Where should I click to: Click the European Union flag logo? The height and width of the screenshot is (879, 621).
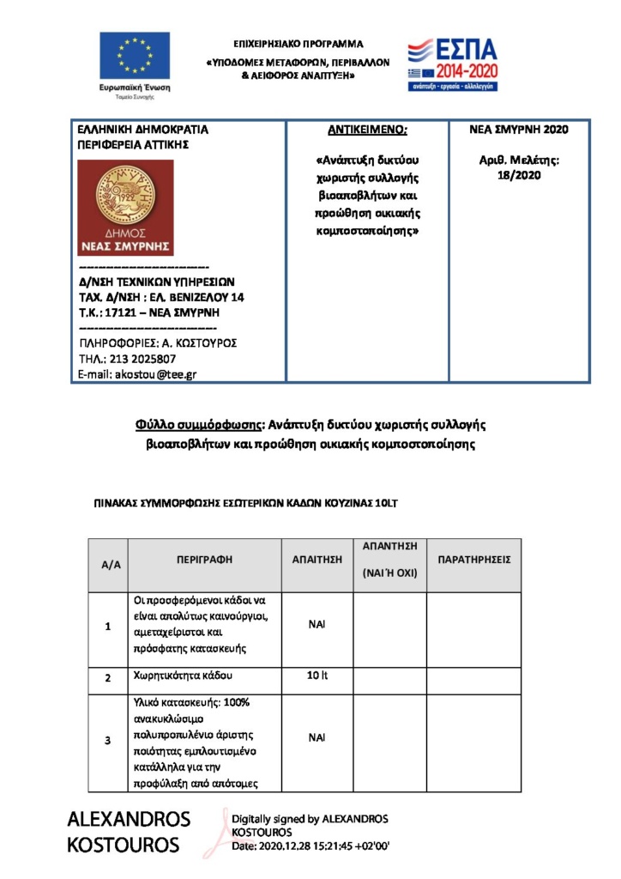tap(134, 56)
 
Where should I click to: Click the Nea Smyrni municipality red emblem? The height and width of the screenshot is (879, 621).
tap(125, 208)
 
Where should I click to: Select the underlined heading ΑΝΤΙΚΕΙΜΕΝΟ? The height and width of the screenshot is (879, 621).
tap(367, 130)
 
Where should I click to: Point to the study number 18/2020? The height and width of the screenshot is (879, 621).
tap(519, 175)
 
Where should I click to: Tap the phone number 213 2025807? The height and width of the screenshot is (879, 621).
tap(145, 359)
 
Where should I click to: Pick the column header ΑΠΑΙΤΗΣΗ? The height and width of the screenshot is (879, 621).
tap(317, 559)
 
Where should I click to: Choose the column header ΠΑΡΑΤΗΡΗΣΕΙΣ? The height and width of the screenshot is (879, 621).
tap(473, 559)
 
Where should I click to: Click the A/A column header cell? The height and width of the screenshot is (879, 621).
tap(109, 565)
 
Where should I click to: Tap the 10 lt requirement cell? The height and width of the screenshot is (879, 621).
tap(317, 676)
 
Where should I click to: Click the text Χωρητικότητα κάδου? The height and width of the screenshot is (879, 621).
tap(183, 676)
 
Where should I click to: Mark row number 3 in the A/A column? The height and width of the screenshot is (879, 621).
tap(108, 740)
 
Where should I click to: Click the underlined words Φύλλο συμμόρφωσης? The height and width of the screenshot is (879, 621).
tap(198, 424)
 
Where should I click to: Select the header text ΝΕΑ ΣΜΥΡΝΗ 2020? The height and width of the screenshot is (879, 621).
tap(519, 130)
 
